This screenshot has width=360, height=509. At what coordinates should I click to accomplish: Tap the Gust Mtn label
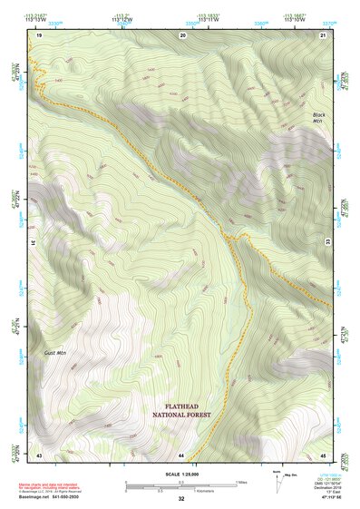pyautogui.click(x=54, y=351)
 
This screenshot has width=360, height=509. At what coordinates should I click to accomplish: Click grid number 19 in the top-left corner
pyautogui.click(x=39, y=34)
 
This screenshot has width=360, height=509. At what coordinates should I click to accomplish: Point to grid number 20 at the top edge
pyautogui.click(x=183, y=34)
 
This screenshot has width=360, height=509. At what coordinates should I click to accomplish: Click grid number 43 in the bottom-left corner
pyautogui.click(x=39, y=453)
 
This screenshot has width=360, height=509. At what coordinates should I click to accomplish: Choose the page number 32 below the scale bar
pyautogui.click(x=181, y=499)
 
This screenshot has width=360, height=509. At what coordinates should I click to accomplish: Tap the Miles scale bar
pyautogui.click(x=181, y=484)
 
